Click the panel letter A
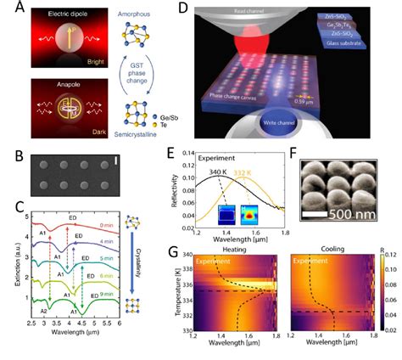coord(11,9)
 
